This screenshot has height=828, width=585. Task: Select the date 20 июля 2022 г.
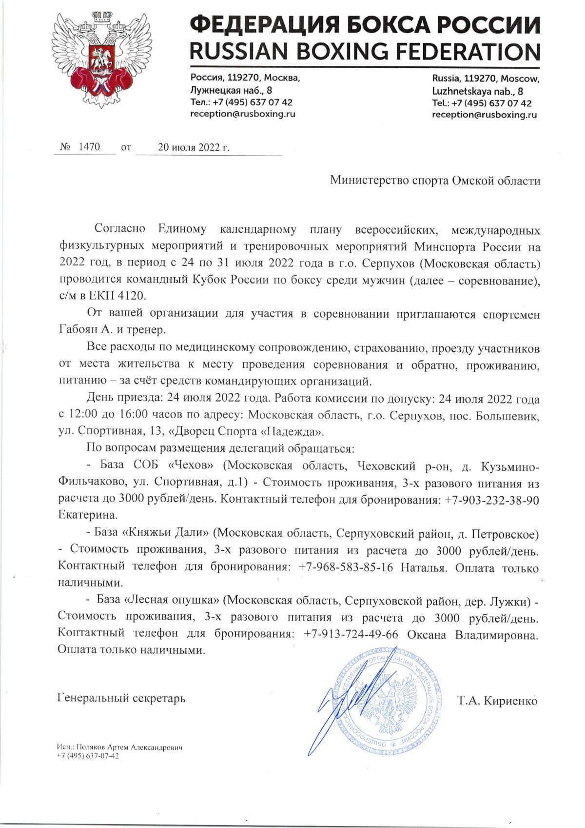(194, 147)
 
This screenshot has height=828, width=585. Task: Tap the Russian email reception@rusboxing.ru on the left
(243, 114)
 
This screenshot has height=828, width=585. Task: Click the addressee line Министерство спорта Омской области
(435, 181)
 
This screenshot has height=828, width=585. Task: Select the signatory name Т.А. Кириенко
(497, 702)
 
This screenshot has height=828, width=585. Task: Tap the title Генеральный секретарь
(121, 698)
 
